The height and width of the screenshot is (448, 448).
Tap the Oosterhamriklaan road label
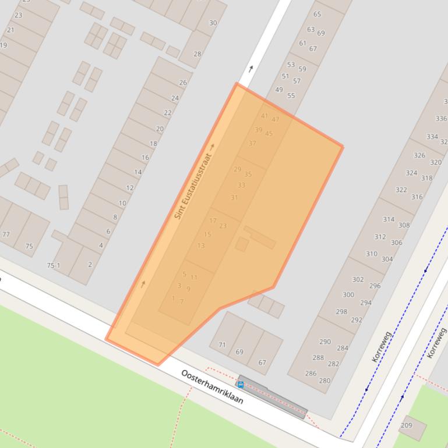point(212,387)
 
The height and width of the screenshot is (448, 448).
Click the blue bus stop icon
point(241,385)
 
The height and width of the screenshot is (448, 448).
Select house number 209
point(406,425)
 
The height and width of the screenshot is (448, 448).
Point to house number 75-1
point(54,265)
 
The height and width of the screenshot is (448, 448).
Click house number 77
point(6,234)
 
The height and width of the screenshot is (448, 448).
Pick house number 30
point(213,23)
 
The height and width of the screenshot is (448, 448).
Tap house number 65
point(317,15)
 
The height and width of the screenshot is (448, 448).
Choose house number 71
point(222,345)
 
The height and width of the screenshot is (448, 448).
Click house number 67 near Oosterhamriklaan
point(262,362)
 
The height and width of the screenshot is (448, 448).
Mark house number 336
point(441,119)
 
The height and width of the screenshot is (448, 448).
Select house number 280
point(324,381)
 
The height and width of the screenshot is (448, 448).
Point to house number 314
point(389,219)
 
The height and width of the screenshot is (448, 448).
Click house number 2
point(90,265)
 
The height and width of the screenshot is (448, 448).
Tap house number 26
point(183,83)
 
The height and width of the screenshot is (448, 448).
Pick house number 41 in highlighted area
point(264,116)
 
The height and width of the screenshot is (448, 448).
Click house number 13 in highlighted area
point(201,246)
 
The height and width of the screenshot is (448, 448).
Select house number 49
point(279,90)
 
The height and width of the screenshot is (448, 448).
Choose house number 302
point(358,279)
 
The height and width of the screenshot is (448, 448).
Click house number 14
point(138,172)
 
